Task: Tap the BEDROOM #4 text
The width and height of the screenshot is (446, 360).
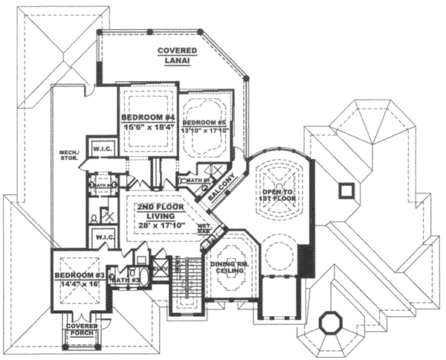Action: pos(148,117)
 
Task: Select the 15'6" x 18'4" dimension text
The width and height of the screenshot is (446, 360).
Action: pos(149,127)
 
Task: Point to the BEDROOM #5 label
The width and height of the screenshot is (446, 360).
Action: pos(204,122)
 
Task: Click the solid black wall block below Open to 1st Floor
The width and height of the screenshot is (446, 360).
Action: pos(304,260)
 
